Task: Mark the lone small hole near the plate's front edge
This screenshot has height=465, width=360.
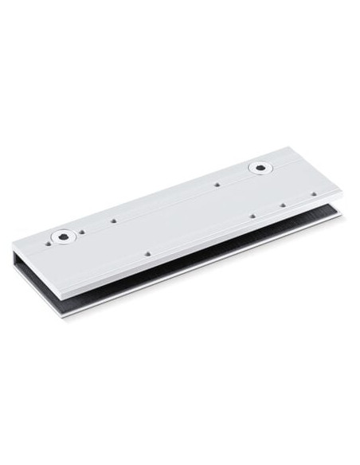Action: [149, 254]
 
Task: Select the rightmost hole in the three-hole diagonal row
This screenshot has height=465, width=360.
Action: [314, 193]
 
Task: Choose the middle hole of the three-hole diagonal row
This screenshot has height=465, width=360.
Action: [284, 205]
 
